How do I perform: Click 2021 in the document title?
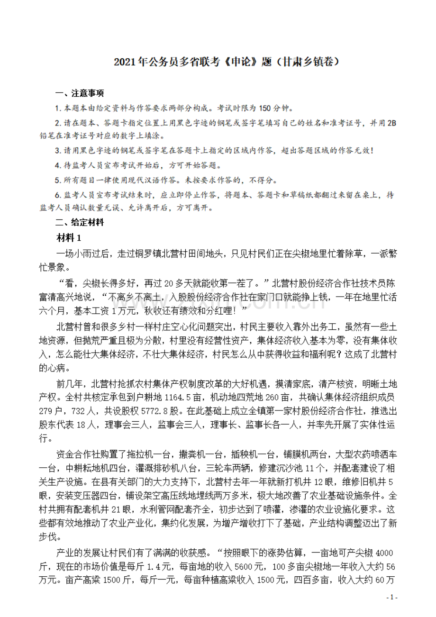124,62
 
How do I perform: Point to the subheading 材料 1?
69,237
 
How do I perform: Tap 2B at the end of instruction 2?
391,123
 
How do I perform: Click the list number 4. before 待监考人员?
58,166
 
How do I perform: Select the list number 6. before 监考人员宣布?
58,195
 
